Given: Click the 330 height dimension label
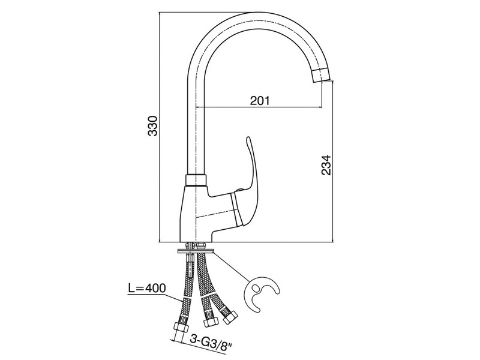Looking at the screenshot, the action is click(152, 125).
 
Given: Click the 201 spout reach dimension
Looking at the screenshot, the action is click(260, 100).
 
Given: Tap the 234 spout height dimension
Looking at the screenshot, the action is click(326, 164).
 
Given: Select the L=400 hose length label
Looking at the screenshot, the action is click(146, 288).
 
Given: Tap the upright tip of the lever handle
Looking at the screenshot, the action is click(248, 140).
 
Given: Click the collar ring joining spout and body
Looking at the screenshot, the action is click(196, 180).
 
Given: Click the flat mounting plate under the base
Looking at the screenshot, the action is click(196, 251).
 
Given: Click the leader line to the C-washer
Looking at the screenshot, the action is click(231, 266).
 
